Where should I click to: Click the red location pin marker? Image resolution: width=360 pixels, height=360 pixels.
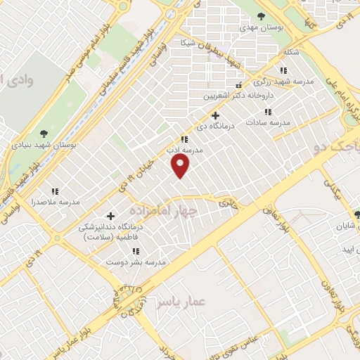click(181, 166)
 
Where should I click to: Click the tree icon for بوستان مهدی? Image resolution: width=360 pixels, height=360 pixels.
click(261, 15)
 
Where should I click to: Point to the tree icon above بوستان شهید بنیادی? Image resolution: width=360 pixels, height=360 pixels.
click(45, 133)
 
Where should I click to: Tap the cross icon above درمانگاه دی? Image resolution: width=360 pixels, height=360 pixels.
click(215, 115)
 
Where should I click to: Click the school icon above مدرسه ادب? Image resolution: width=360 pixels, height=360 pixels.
click(184, 140)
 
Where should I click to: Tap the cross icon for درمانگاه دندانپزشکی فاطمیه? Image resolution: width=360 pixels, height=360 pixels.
click(110, 216)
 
